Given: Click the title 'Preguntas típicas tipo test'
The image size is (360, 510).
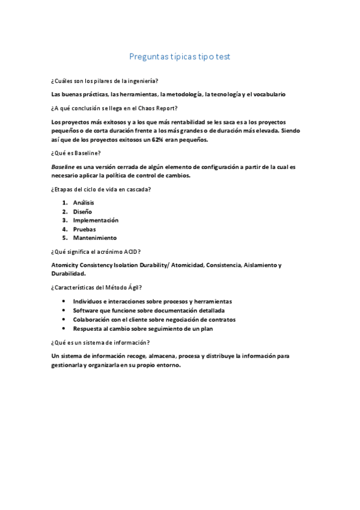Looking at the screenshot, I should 179,57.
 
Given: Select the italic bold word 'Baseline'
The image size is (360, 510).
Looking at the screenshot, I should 63,167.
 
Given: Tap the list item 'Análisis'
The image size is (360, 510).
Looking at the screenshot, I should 84,203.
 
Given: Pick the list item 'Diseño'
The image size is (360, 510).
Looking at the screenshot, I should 82,212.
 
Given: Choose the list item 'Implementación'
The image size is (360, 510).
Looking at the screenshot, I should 96,220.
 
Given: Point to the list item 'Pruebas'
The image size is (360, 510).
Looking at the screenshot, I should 84,229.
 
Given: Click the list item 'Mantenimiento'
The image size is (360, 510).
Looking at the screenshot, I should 94,238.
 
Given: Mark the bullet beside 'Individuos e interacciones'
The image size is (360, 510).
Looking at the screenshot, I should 64,301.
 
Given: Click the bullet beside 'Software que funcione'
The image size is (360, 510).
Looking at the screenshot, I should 64,310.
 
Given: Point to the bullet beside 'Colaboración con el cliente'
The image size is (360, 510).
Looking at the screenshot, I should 64,319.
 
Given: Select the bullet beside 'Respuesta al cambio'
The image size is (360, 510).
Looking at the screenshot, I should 64,328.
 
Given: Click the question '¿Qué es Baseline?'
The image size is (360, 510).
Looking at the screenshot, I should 76,153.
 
